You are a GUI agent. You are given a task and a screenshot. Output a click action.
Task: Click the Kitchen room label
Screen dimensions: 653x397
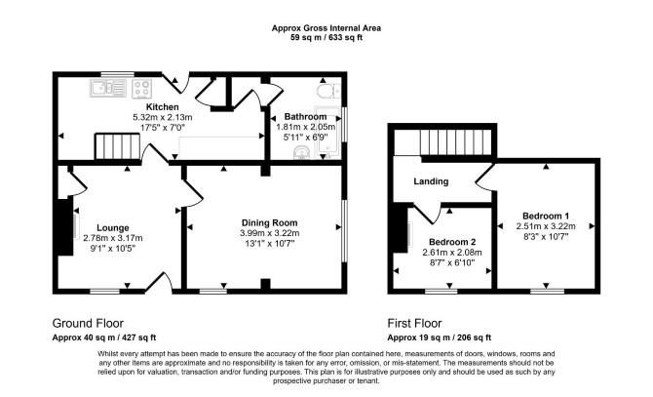coord(163,107)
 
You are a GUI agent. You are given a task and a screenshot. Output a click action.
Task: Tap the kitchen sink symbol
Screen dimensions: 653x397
coord(108,89)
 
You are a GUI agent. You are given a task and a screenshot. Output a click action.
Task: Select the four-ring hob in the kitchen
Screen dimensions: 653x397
coord(141,89)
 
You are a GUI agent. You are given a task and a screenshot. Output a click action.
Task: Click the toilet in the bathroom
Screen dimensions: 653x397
coord(328,91)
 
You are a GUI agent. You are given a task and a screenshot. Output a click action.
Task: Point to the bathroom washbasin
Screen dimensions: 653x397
coord(301,153)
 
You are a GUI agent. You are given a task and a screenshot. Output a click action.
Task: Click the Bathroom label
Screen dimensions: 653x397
coord(305,117)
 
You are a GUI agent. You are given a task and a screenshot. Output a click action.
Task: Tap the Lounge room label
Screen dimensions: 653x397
coord(113,228)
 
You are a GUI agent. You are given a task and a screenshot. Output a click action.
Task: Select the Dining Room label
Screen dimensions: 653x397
coord(269,222)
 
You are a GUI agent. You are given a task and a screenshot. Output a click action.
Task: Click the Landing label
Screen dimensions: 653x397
coord(431,181)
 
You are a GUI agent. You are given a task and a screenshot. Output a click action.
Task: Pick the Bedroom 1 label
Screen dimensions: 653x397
coord(546,216)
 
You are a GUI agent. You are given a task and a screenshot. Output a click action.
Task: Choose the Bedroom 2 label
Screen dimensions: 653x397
coord(452,242)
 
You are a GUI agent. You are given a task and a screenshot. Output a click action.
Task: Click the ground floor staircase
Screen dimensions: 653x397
coord(117,146)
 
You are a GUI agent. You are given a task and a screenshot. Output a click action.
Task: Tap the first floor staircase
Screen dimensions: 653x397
coord(456,142)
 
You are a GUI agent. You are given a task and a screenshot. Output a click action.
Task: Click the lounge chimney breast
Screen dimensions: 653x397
coord(64,226)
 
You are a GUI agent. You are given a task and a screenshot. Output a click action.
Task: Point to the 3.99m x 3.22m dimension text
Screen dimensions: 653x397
coord(269,233)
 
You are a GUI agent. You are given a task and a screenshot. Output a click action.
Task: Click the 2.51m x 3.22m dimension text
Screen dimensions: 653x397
coord(546,226)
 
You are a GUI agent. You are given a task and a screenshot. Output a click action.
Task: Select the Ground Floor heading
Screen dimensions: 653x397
coord(88,323)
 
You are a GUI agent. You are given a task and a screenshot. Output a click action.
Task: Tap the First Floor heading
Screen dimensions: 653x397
coord(414,323)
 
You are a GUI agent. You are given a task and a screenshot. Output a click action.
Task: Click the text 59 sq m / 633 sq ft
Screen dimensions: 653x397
coord(326,37)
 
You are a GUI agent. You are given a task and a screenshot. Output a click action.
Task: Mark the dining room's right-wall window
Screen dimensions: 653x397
coord(344,231)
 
